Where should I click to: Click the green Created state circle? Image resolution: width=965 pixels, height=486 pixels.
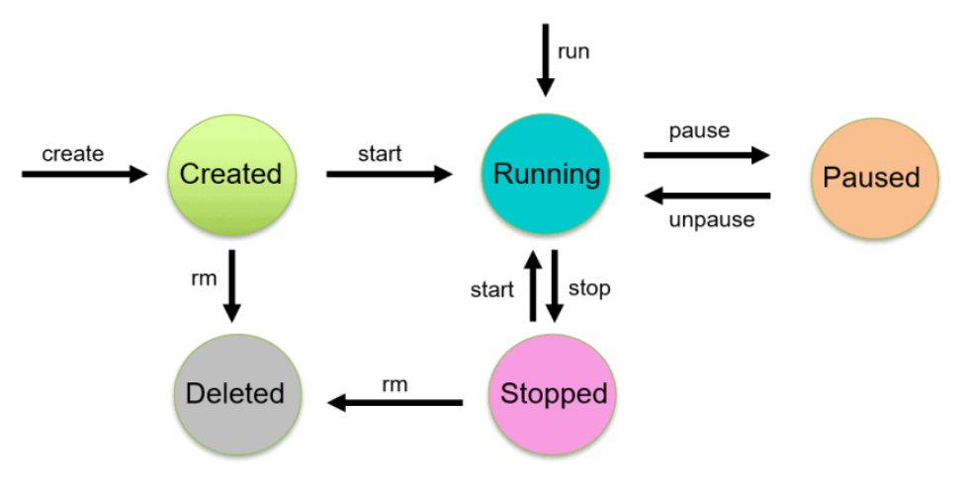pos(230,174)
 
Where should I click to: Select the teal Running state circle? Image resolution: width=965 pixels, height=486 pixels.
pos(547,174)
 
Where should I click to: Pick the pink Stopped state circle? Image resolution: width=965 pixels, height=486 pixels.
pos(554,393)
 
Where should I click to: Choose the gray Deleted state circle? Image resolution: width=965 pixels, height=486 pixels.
pos(235,393)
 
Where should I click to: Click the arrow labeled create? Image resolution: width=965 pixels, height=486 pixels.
pos(84,174)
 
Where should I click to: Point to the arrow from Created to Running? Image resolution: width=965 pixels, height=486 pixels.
pos(389,174)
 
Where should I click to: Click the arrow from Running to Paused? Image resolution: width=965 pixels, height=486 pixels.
pos(706,155)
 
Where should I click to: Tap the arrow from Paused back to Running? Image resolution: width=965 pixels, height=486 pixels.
pos(706,195)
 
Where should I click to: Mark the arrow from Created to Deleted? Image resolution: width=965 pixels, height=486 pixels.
pos(231,285)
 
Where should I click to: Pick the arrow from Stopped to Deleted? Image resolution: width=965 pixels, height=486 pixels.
pos(396,403)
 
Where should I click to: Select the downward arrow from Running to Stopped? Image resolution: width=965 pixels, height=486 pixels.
pos(555,286)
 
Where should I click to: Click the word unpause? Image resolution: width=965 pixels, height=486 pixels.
pos(711,219)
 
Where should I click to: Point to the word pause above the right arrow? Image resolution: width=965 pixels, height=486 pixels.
pos(699,130)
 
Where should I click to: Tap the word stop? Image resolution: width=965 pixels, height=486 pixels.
pos(589,288)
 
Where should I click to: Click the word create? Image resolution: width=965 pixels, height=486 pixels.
pos(72,153)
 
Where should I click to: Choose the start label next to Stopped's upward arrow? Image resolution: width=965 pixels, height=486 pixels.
pos(492,289)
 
